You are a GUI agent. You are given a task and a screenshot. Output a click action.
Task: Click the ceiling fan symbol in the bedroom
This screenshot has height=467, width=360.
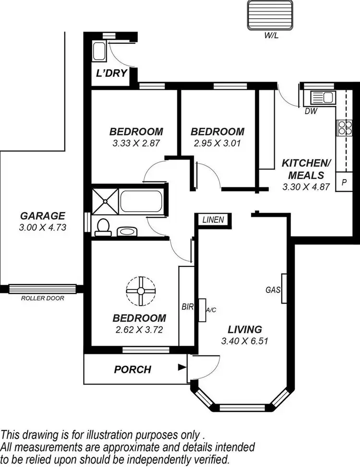[141, 290]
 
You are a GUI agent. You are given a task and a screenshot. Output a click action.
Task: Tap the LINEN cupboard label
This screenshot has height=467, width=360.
[213, 220]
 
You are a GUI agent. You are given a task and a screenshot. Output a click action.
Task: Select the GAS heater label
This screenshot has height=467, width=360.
[273, 289]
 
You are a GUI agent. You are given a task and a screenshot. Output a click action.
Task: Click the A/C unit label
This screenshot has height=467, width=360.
[211, 310]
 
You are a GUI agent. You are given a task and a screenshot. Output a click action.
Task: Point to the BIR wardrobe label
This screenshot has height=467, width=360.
[186, 306]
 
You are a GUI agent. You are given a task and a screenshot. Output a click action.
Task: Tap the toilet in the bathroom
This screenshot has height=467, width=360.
[103, 227]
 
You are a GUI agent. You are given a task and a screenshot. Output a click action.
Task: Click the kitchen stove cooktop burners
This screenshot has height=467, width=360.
[344, 127]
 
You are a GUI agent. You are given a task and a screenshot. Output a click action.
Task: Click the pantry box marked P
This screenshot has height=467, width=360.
[344, 182]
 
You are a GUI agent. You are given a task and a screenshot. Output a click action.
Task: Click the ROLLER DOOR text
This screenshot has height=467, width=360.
[42, 298]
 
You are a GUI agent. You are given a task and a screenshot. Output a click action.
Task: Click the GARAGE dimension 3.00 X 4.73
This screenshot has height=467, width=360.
[42, 228]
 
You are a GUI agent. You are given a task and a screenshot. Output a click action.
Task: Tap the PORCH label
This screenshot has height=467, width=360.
[132, 370]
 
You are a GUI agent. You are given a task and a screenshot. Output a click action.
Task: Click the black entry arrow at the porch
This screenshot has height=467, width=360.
[181, 368]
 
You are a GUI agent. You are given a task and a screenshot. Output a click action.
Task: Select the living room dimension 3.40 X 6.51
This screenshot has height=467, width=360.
[244, 341]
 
